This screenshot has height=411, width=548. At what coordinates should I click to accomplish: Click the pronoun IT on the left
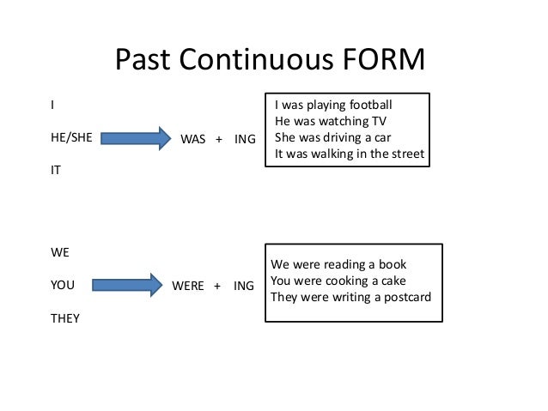coord(57,170)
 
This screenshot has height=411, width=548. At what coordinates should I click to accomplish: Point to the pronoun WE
coord(60,254)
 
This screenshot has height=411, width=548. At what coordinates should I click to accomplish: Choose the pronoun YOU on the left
coord(63,286)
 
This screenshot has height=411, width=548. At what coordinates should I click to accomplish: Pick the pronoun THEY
coord(65,318)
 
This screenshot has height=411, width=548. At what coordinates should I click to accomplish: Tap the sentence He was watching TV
coord(326,122)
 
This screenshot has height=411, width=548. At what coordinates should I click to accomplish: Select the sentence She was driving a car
coord(333,138)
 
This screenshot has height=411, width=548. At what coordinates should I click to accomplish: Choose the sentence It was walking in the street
coord(349,154)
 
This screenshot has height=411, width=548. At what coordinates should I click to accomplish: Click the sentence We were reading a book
coord(338,264)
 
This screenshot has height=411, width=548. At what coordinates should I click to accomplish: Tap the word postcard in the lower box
coord(405,297)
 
